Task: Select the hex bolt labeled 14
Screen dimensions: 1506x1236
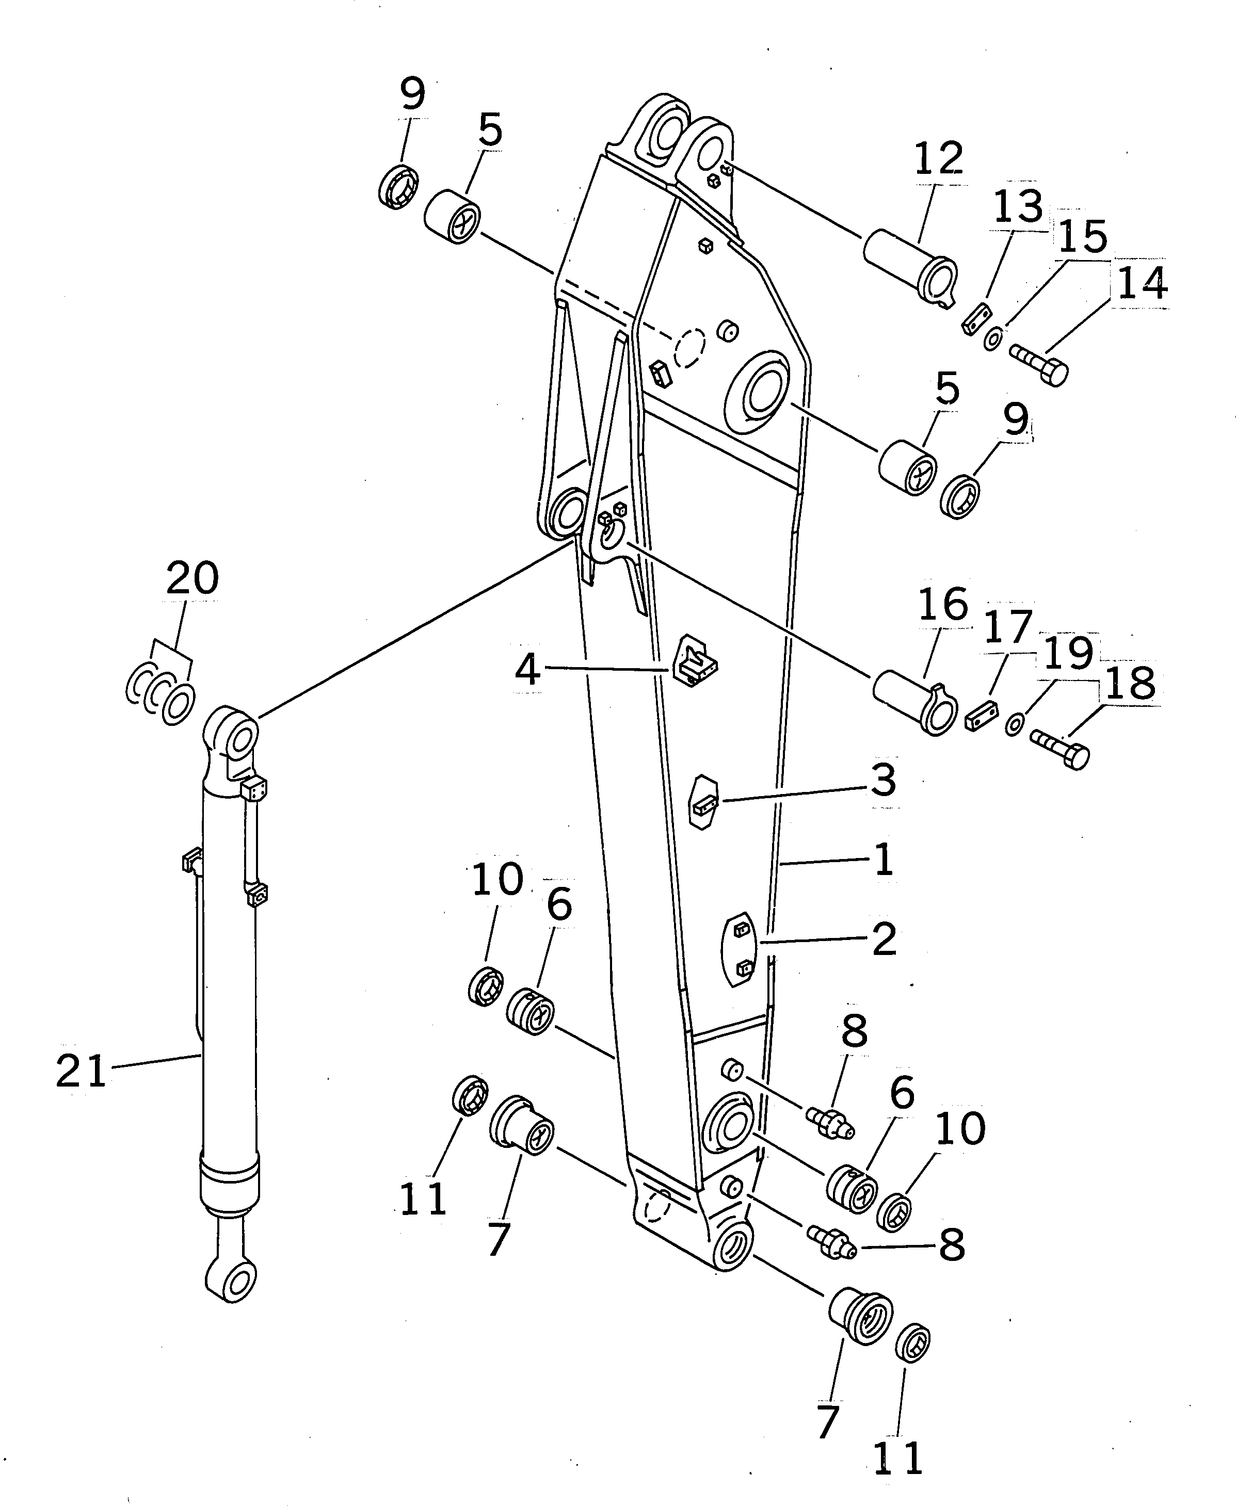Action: pyautogui.click(x=1039, y=363)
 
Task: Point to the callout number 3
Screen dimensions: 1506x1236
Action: pyautogui.click(x=884, y=780)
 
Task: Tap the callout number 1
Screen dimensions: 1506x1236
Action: pyautogui.click(x=884, y=859)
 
